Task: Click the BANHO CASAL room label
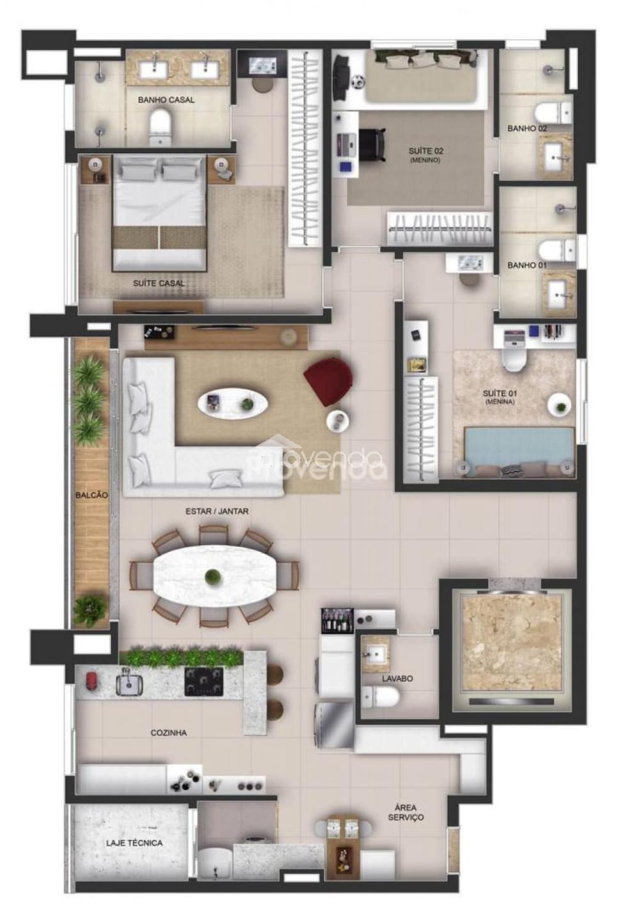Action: click(x=166, y=100)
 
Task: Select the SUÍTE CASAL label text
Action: click(x=159, y=283)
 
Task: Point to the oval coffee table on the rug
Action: click(x=233, y=403)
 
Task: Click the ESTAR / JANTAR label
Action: click(x=217, y=511)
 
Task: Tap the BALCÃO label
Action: click(x=91, y=495)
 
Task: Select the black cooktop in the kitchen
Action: click(x=204, y=681)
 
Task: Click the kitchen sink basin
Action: click(x=130, y=684)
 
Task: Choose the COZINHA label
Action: click(x=169, y=733)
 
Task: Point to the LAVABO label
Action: click(x=397, y=678)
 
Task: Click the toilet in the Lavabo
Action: click(x=381, y=697)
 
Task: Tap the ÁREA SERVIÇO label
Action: click(x=405, y=813)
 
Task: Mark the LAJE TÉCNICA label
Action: click(x=134, y=843)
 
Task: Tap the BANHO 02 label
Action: click(x=527, y=128)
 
